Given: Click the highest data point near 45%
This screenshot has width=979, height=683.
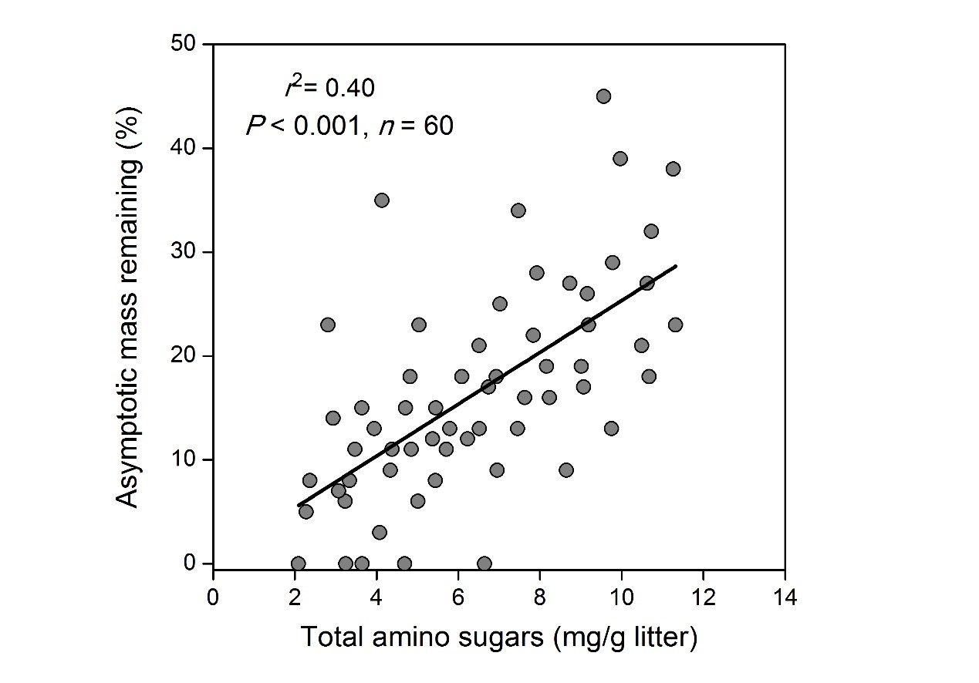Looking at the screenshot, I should pyautogui.click(x=603, y=96).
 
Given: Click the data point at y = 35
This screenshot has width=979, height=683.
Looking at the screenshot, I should pyautogui.click(x=381, y=200).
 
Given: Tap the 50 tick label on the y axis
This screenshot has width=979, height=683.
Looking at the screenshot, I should pyautogui.click(x=185, y=44).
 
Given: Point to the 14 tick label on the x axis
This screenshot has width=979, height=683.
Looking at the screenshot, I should pyautogui.click(x=784, y=597).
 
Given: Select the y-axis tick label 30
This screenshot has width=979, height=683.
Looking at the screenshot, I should pyautogui.click(x=185, y=252).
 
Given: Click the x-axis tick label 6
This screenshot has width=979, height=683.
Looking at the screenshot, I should pyautogui.click(x=457, y=597).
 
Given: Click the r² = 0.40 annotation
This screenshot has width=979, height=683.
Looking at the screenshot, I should pyautogui.click(x=330, y=88).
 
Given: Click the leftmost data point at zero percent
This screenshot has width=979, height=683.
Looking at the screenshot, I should pyautogui.click(x=298, y=564).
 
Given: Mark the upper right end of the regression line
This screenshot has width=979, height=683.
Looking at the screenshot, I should pyautogui.click(x=676, y=266).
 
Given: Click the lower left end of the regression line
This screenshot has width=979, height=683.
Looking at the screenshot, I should pyautogui.click(x=298, y=506).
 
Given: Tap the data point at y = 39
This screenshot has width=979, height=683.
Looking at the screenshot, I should pyautogui.click(x=619, y=159).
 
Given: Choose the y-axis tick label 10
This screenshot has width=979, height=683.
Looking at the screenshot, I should pyautogui.click(x=185, y=460).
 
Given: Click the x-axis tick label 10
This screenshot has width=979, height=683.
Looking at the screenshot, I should pyautogui.click(x=620, y=597).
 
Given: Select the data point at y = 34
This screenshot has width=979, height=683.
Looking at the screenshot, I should pyautogui.click(x=518, y=210).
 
